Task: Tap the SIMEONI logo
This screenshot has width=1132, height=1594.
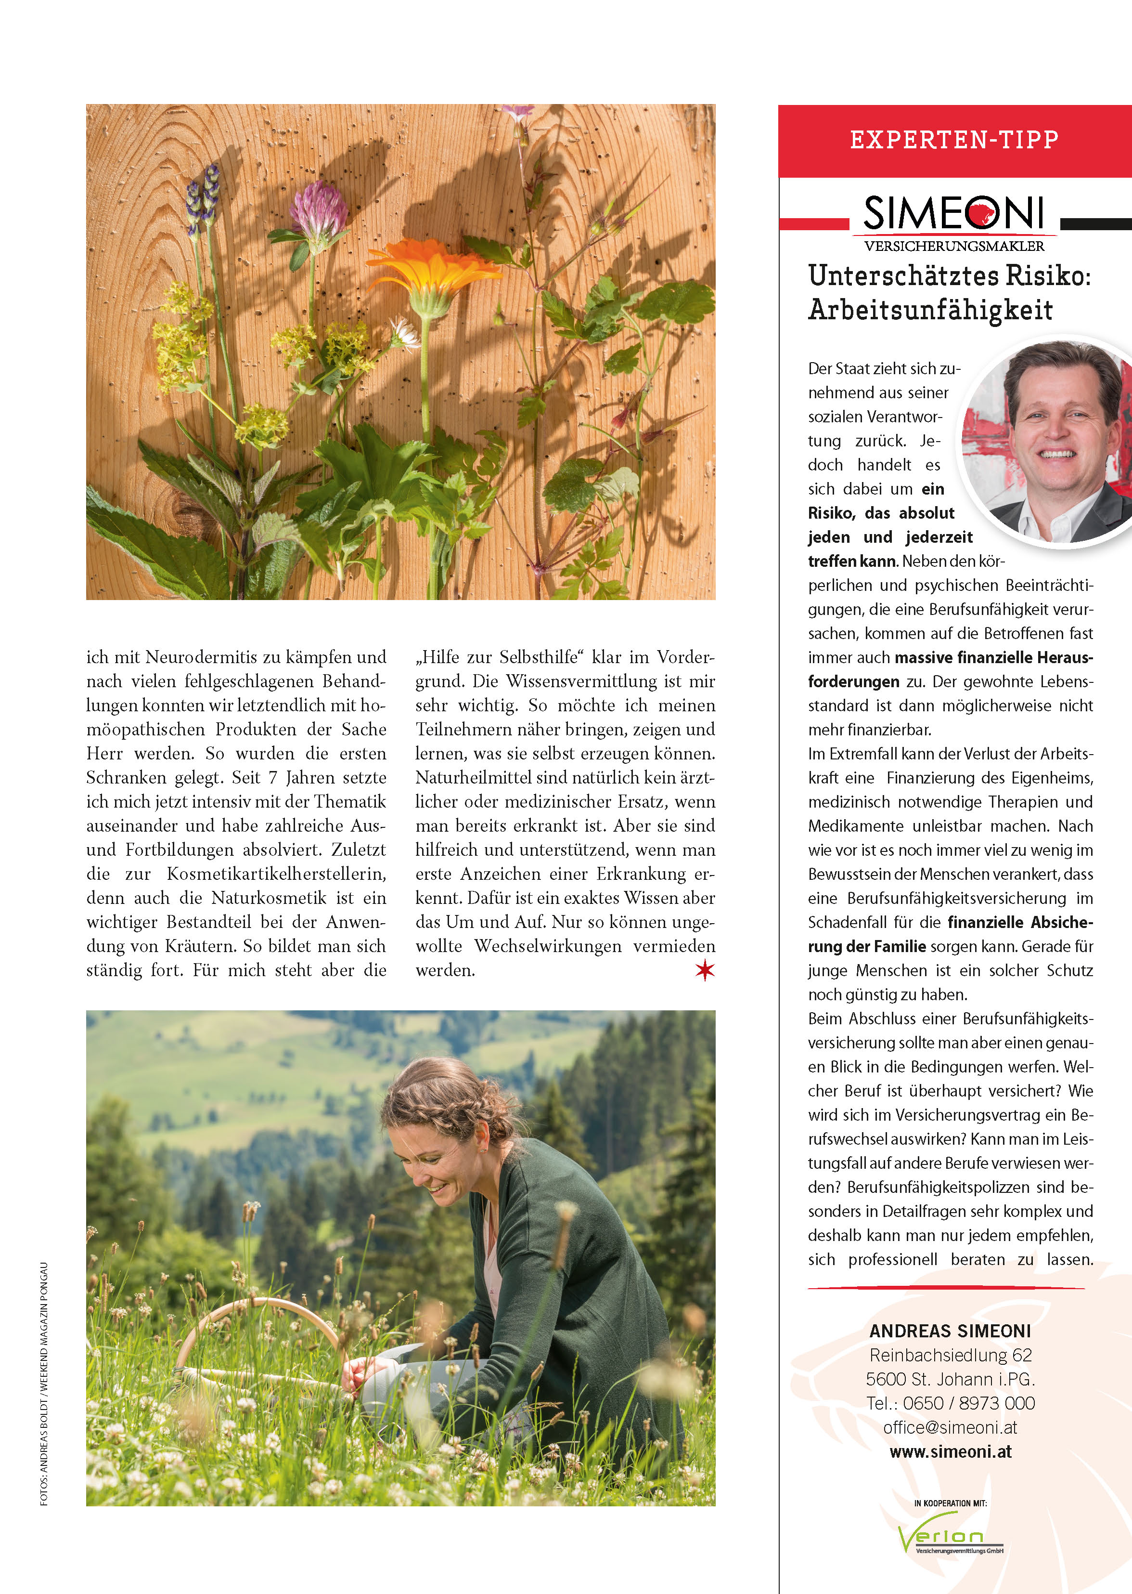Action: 953,213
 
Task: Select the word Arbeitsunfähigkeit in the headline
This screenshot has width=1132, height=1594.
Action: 930,310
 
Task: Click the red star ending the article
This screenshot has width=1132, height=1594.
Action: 705,969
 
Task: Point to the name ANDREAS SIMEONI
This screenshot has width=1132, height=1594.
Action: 950,1331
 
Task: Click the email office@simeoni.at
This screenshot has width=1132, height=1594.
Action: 950,1427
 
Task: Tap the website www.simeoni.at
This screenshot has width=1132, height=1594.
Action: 950,1452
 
